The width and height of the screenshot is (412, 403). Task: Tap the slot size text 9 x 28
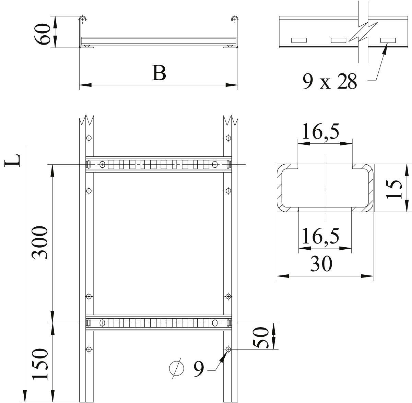tap(329, 82)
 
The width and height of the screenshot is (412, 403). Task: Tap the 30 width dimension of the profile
tap(321, 264)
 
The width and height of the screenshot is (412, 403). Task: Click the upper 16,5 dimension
tap(320, 132)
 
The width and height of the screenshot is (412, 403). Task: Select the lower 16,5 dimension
tap(320, 236)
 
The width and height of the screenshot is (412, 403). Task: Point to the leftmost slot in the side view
tap(299, 40)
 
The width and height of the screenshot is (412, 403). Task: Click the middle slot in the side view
tap(339, 40)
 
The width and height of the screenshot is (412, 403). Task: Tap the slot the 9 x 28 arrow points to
tap(388, 40)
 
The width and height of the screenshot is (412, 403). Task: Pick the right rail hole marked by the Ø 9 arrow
tap(228, 349)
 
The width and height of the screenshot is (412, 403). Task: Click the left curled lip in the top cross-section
tap(82, 19)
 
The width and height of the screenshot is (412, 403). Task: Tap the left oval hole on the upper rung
tap(102, 165)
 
